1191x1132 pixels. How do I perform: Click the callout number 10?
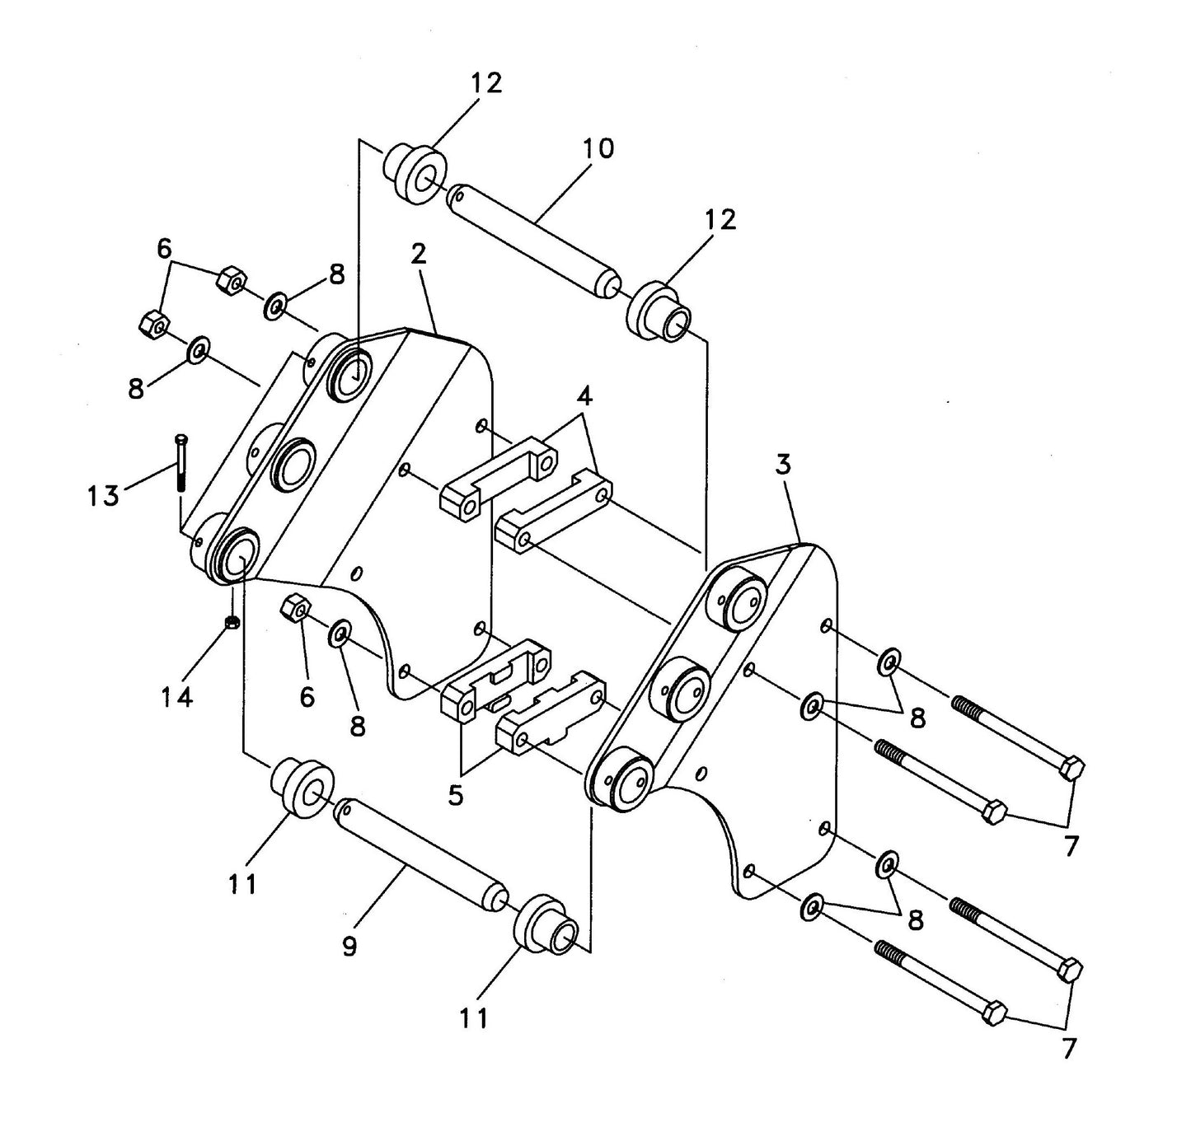tap(598, 149)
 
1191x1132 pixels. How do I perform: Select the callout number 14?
tap(176, 697)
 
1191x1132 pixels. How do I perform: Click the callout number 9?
tap(349, 947)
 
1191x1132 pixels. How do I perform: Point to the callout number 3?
tap(782, 465)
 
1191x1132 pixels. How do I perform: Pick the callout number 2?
tap(419, 255)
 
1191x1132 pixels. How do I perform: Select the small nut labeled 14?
tap(232, 622)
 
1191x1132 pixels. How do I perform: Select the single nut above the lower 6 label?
tap(296, 609)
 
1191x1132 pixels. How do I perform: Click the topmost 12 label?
tap(486, 83)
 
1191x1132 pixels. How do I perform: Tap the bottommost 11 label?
tap(474, 1018)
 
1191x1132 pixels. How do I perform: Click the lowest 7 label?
tap(1069, 1049)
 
